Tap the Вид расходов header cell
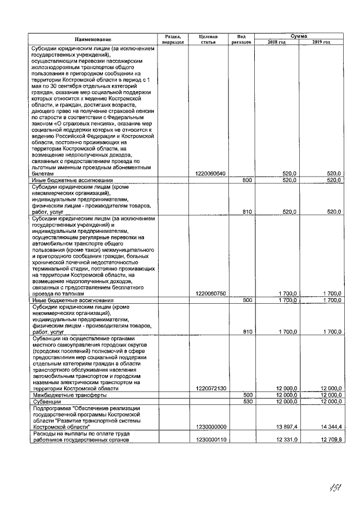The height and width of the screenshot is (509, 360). point(241,39)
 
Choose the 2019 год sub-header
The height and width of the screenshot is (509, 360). point(321,42)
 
